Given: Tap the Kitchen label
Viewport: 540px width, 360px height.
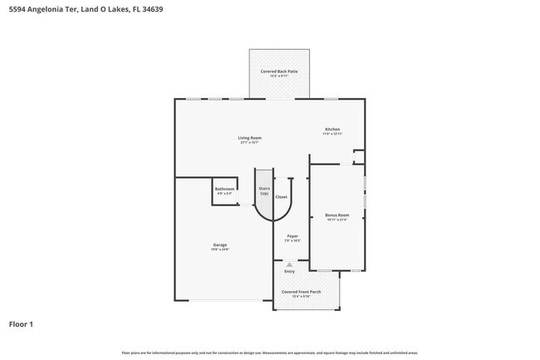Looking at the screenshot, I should click(x=332, y=129).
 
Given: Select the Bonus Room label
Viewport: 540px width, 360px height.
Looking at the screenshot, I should click(x=336, y=215).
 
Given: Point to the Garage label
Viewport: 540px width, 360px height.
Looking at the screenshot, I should click(x=220, y=244).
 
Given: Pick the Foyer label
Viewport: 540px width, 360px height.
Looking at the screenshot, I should click(x=292, y=236).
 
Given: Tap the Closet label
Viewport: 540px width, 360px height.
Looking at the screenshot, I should click(x=282, y=196).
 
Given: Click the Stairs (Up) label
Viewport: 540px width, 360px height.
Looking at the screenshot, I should click(x=264, y=190).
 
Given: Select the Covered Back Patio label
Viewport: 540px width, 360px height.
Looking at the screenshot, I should click(x=279, y=72).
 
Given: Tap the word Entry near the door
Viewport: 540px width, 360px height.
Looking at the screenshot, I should click(x=289, y=271).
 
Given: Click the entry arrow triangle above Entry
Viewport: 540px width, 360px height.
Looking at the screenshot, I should click(x=289, y=264).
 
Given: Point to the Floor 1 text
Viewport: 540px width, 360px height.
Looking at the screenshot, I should click(x=22, y=323).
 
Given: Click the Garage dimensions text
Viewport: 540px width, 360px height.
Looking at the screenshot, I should click(x=220, y=249).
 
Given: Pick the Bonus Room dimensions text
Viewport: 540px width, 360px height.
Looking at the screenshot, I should click(x=336, y=220).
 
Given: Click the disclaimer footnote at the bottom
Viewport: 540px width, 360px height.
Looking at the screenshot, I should click(x=270, y=353).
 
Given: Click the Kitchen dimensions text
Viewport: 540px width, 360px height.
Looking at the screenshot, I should click(x=332, y=134).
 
